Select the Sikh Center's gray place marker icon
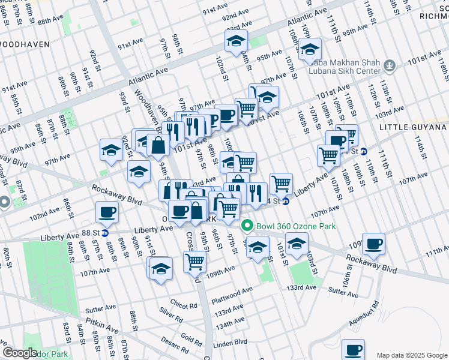point(390,64)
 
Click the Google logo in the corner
point(20,353)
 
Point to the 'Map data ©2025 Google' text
point(411,355)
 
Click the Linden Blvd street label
point(231,343)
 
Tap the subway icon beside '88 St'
point(104,233)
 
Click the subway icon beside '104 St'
point(286,202)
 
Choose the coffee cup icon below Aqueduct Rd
point(353,348)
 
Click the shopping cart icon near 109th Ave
point(194,261)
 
